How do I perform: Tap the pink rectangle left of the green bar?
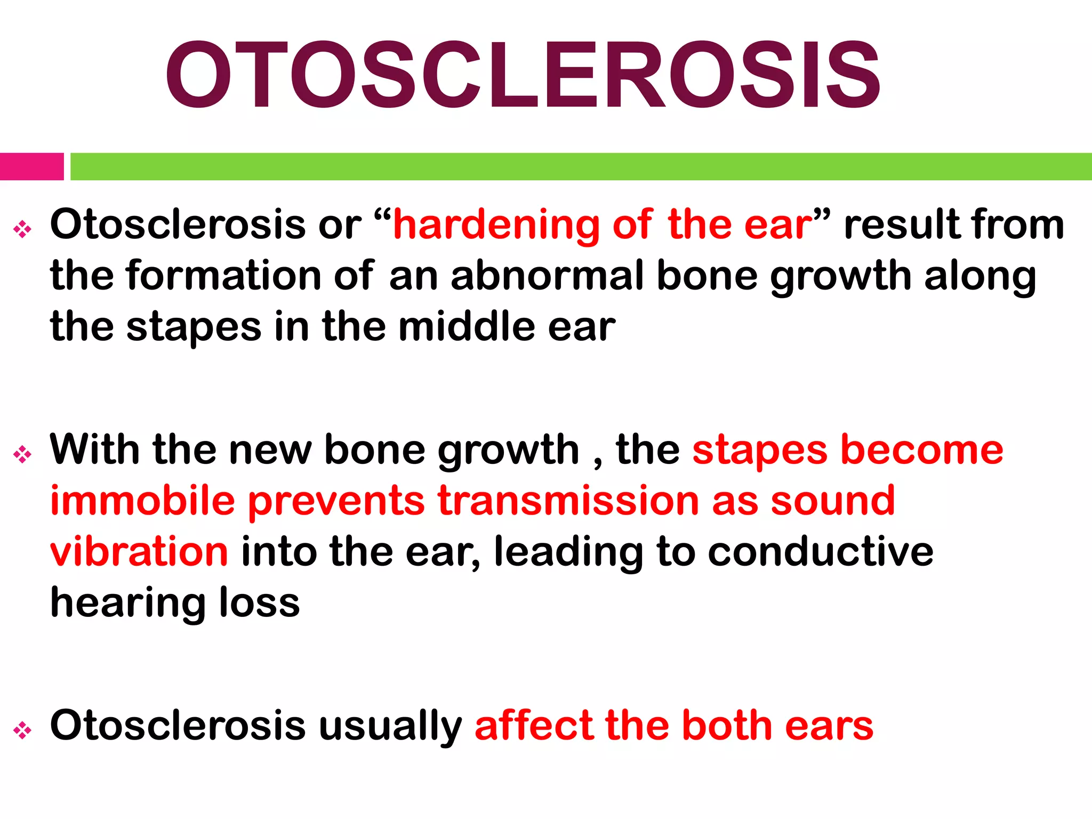click(31, 166)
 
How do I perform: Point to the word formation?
click(223, 276)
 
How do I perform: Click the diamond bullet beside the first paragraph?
click(22, 230)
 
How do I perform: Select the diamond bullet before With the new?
click(22, 455)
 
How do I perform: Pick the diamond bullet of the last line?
click(22, 730)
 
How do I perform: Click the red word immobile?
click(142, 501)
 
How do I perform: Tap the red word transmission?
click(568, 501)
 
